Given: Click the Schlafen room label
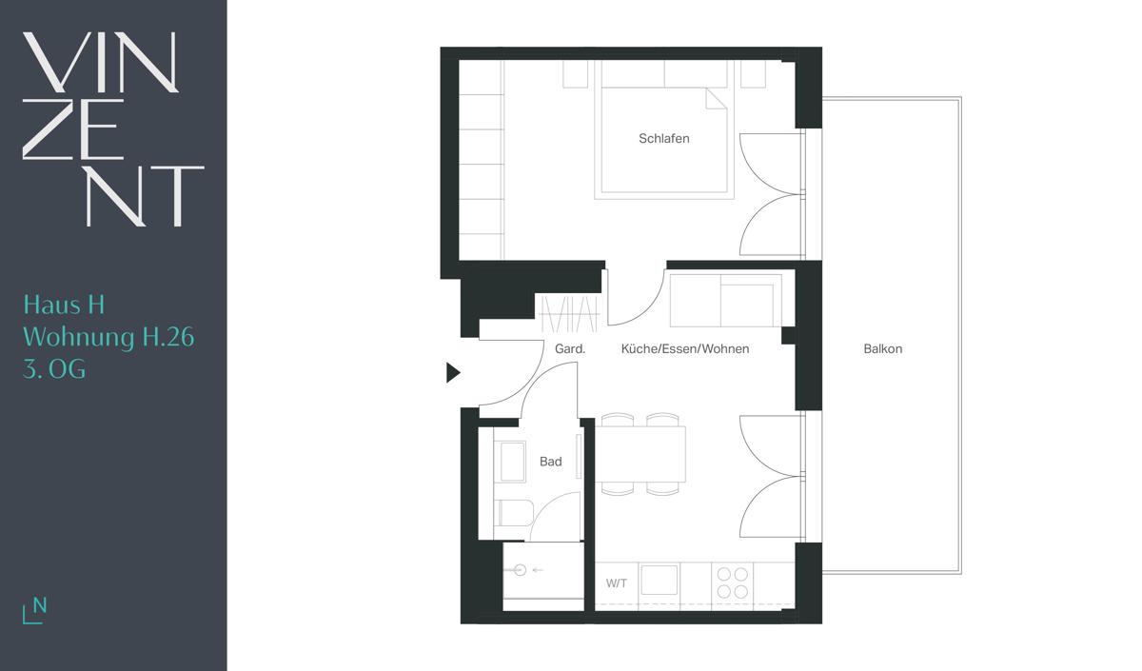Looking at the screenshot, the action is click(664, 138).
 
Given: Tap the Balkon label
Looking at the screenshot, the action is click(882, 348).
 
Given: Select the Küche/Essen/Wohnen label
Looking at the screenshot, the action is click(684, 348).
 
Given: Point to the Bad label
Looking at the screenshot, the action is click(551, 462).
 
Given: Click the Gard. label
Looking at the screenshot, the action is click(570, 348).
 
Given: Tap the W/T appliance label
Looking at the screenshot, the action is click(617, 583).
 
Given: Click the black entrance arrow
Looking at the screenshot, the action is click(453, 372).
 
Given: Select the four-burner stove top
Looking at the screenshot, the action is click(732, 582).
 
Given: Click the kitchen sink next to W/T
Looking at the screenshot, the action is click(660, 580).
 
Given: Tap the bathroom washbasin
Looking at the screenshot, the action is click(512, 462).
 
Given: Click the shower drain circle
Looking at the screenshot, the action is click(520, 570).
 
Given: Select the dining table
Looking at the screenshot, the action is click(640, 454).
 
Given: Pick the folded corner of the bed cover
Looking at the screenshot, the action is click(716, 99).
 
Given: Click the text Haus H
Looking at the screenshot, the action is click(65, 305).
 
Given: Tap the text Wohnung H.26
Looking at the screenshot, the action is click(108, 338).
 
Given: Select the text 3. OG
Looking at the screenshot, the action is click(54, 368).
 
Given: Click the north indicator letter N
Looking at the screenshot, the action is click(40, 605).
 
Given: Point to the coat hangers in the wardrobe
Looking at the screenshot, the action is click(569, 314).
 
